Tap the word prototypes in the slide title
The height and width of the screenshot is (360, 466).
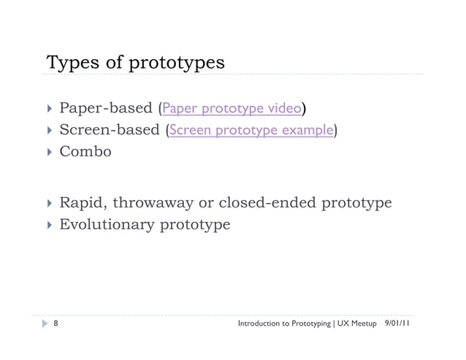(x=176, y=64)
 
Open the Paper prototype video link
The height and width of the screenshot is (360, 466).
(x=232, y=109)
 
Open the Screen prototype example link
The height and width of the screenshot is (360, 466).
(x=251, y=131)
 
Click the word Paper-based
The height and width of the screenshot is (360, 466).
(x=106, y=110)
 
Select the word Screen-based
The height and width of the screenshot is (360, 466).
(x=109, y=131)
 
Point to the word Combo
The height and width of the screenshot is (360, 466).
(x=85, y=153)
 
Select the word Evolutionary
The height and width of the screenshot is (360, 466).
(x=106, y=225)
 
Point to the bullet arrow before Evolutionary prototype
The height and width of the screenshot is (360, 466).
(x=50, y=225)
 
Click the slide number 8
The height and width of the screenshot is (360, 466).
(x=56, y=323)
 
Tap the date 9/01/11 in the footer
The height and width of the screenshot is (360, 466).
(x=397, y=323)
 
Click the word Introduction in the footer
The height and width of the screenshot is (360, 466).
(x=259, y=323)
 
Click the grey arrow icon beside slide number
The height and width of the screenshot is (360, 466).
(x=44, y=323)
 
